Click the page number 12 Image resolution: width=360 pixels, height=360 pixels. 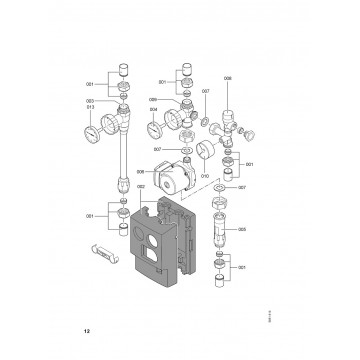pyautogui.click(x=88, y=328)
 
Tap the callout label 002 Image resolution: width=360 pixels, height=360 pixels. pyautogui.click(x=141, y=186)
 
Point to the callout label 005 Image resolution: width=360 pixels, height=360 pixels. pyautogui.click(x=243, y=230)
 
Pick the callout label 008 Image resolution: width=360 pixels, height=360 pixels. pyautogui.click(x=228, y=77)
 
